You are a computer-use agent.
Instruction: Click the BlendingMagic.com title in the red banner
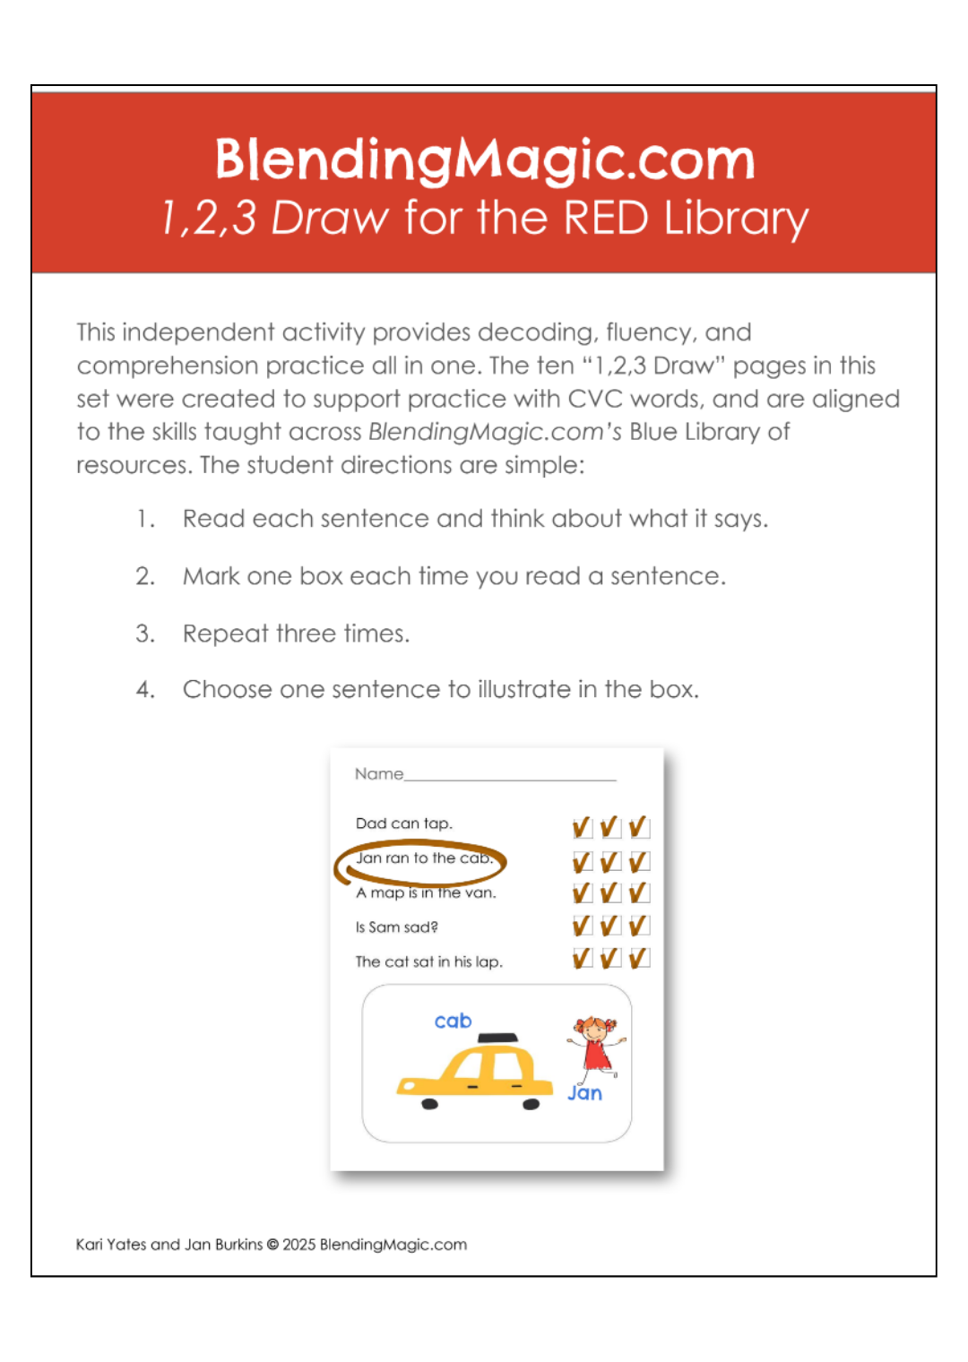click(x=484, y=159)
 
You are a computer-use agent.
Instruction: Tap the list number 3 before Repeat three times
click(x=145, y=634)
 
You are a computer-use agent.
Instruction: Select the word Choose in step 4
click(x=227, y=689)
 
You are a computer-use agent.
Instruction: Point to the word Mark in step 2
click(x=211, y=576)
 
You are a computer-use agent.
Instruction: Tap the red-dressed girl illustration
click(x=596, y=1045)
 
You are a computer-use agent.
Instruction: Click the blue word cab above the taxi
click(x=453, y=1021)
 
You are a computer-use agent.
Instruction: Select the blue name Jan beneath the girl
click(x=584, y=1093)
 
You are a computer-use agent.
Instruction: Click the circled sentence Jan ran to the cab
click(x=424, y=858)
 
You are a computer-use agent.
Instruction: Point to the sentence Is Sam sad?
click(x=396, y=927)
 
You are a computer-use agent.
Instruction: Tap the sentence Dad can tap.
click(x=403, y=823)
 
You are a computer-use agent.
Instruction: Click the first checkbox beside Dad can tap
click(x=582, y=827)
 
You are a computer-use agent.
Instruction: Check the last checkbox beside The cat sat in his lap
click(x=639, y=959)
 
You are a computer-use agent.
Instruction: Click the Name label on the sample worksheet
click(x=378, y=774)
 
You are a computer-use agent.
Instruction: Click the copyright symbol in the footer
click(x=272, y=1245)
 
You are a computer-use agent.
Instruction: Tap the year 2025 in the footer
click(x=299, y=1245)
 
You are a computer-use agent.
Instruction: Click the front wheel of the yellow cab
click(x=429, y=1104)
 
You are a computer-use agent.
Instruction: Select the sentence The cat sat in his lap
click(x=428, y=961)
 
